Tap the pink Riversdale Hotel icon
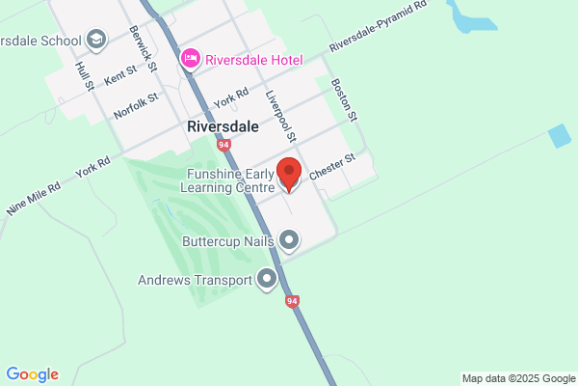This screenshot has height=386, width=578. [191, 60]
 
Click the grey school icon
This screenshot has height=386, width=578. [96, 40]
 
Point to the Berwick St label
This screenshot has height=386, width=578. [144, 42]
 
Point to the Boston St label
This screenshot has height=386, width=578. [344, 100]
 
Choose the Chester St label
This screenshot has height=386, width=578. [333, 162]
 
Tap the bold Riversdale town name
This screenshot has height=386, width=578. [223, 126]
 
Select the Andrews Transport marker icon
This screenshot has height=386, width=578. [267, 281]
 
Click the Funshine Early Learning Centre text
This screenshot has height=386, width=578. [230, 180]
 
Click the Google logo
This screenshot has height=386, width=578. [32, 373]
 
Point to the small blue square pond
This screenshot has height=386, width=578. [559, 137]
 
